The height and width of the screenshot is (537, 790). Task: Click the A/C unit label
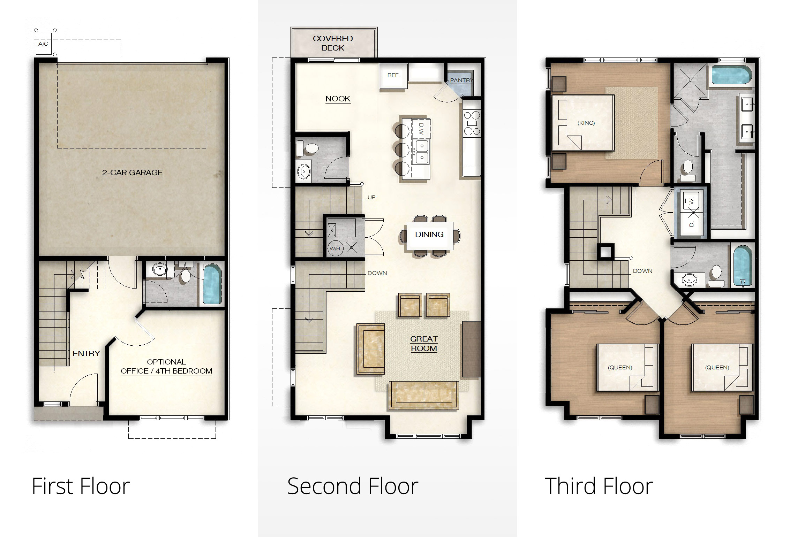[43, 44]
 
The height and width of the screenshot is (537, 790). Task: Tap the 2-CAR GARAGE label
[132, 173]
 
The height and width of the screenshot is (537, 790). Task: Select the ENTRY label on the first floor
[86, 354]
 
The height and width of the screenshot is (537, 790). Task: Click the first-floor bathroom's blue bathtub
[212, 284]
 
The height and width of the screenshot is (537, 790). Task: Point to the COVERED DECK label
[333, 43]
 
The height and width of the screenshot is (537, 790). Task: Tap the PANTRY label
[461, 80]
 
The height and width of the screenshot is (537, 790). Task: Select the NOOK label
[338, 99]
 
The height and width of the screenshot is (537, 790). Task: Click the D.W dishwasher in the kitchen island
[421, 129]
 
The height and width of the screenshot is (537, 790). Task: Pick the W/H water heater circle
[335, 248]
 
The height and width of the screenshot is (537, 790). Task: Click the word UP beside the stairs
[371, 198]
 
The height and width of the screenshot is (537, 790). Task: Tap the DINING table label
[429, 235]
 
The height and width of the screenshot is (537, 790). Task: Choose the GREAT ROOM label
[424, 344]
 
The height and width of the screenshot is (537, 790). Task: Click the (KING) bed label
[586, 123]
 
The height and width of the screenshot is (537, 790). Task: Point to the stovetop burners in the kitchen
[472, 123]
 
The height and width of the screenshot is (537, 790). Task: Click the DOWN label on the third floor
[642, 271]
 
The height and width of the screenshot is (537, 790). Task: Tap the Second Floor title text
[353, 486]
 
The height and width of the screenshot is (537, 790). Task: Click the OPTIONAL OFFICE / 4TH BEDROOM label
[166, 367]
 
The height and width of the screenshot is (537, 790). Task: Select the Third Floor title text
[599, 486]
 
